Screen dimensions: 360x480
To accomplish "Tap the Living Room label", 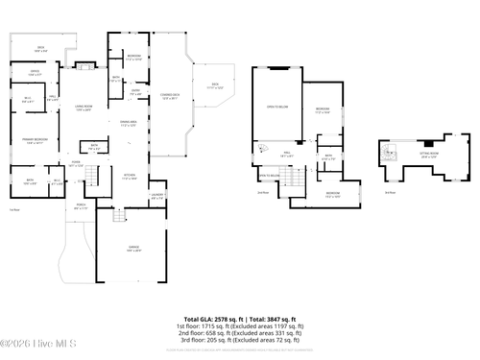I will [83, 108].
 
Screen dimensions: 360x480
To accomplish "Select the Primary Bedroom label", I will [36, 141].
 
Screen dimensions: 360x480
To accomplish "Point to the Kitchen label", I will [130, 177].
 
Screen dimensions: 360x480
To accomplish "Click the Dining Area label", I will [129, 122].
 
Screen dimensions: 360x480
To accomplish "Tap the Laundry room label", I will [157, 197].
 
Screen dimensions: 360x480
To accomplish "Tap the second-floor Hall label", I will [285, 154].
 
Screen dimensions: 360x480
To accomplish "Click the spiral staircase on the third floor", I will [389, 151].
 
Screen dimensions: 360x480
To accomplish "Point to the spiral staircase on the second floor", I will [259, 147].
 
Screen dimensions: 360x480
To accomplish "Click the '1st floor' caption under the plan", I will [240, 326].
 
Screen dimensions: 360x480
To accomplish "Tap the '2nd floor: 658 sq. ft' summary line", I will [240, 333].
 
